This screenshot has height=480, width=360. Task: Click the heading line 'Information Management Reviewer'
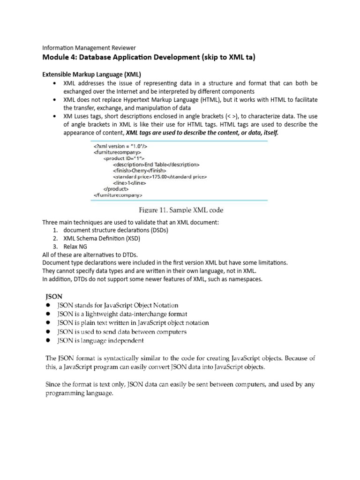[89, 48]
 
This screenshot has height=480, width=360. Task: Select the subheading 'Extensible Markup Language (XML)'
[92, 75]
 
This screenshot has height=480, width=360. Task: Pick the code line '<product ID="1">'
[124, 158]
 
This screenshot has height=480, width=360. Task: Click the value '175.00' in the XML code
[164, 177]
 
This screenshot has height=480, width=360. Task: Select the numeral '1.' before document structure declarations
[55, 230]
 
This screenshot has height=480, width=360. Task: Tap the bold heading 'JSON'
[53, 297]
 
